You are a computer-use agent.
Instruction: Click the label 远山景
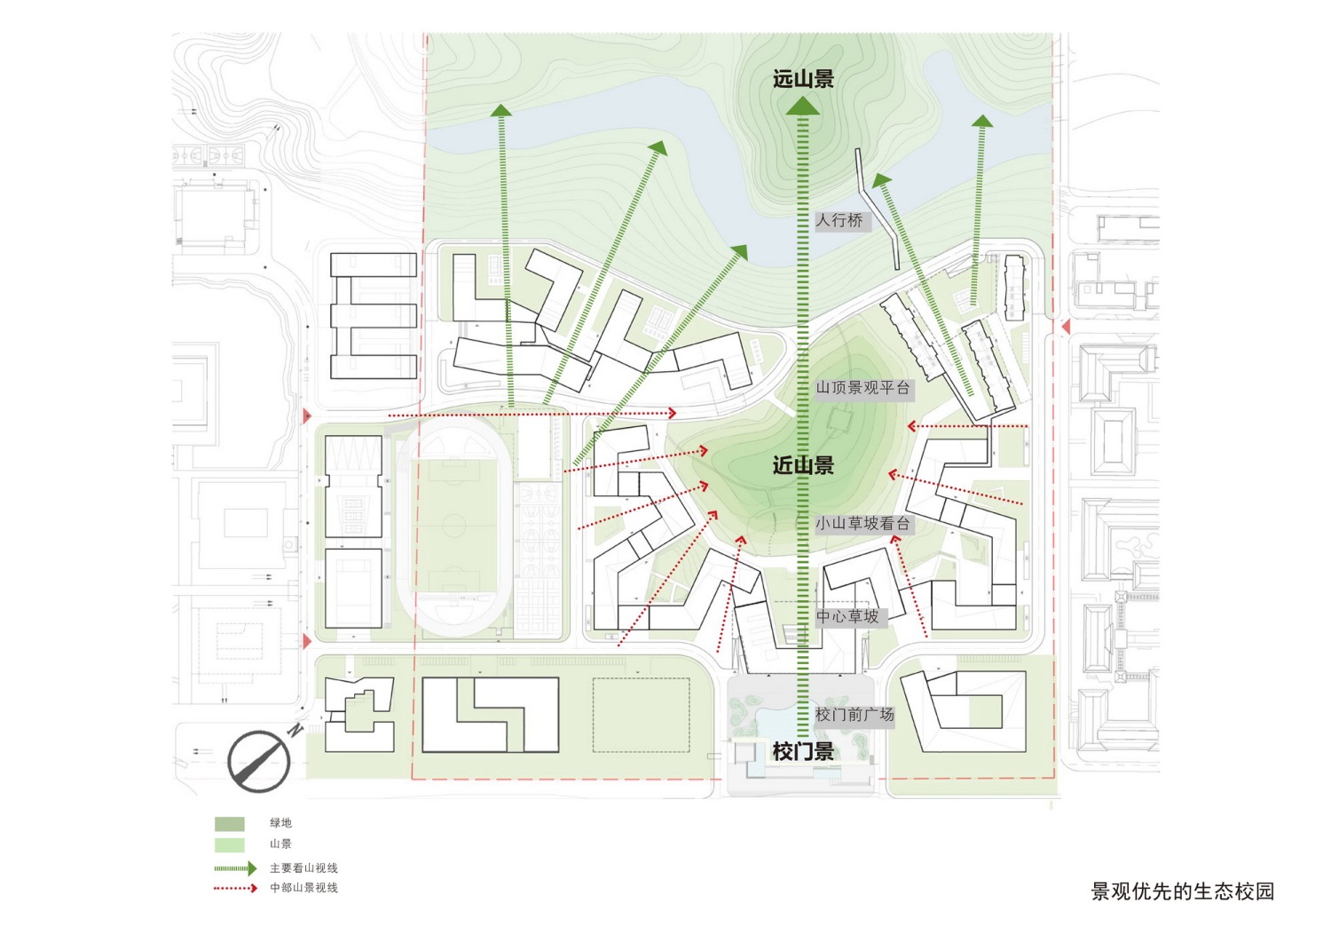coord(803,79)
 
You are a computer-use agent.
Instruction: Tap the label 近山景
coord(803,465)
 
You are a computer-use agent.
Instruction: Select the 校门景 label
coord(803,752)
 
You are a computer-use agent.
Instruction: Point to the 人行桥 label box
coord(843,221)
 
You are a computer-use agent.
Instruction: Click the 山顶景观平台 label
coord(864,388)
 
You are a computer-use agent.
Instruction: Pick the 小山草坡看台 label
coord(864,524)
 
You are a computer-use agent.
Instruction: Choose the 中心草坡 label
coord(851,617)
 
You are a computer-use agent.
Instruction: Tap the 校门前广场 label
coord(855,714)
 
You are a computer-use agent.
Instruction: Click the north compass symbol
coord(262,758)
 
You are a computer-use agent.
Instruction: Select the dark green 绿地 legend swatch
coord(229,824)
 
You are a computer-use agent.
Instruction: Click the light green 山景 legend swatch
coord(229,845)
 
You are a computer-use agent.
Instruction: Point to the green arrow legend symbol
coord(235,869)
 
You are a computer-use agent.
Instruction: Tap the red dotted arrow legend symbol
coord(235,889)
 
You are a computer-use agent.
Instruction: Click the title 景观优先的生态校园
coord(1183,891)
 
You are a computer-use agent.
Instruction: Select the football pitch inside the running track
coord(453,526)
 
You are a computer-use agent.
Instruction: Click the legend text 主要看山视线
coord(303,869)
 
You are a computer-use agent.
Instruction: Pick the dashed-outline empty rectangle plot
coord(642,716)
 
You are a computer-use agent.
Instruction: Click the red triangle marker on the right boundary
coord(1066,327)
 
